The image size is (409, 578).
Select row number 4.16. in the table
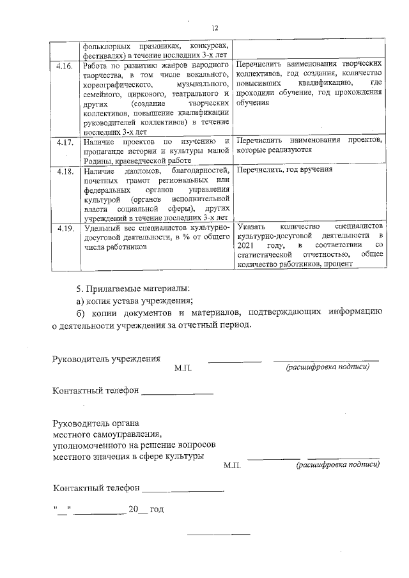click(65, 66)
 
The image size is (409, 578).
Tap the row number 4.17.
click(65, 141)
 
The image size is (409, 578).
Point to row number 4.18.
click(65, 171)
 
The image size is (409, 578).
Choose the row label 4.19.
click(65, 227)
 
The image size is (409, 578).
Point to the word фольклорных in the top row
click(107, 46)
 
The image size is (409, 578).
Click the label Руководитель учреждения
click(106, 358)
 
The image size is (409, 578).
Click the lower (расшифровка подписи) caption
click(337, 466)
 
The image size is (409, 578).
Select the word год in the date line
click(157, 509)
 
